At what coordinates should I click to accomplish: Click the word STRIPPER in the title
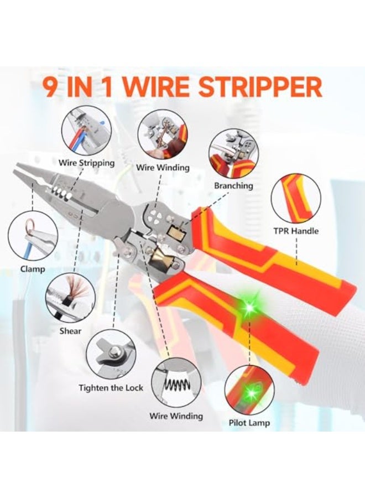tap(263, 88)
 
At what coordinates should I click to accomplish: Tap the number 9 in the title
tap(51, 88)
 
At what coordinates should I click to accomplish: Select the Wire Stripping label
tap(87, 163)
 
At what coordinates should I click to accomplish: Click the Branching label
tap(233, 186)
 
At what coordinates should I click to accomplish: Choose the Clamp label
tap(33, 269)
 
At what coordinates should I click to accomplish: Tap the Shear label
tap(70, 331)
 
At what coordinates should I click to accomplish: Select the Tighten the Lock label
tap(111, 387)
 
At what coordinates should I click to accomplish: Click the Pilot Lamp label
tap(249, 423)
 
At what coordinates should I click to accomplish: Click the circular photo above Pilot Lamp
tap(249, 390)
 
